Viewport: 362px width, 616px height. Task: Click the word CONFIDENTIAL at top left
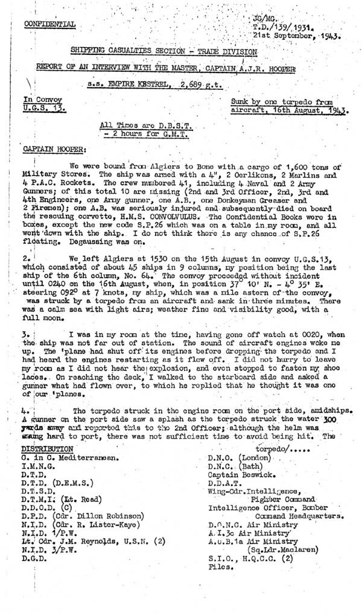(x=50, y=24)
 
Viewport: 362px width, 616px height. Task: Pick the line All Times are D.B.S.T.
(x=139, y=124)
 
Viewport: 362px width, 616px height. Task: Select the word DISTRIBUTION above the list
(x=48, y=416)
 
